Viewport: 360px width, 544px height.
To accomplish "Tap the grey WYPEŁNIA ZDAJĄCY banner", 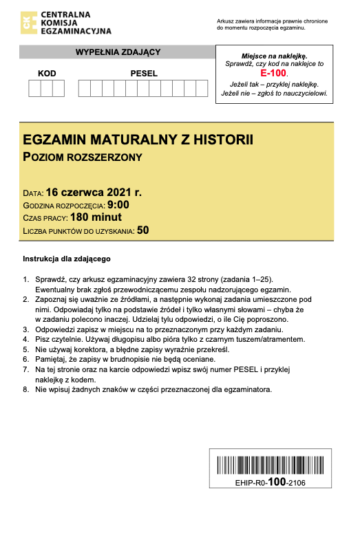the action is tap(118, 52).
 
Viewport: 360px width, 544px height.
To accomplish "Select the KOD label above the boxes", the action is tap(47, 73).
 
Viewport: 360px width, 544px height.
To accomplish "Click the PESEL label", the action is tap(144, 73).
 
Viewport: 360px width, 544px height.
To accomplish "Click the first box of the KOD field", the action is tap(34, 88).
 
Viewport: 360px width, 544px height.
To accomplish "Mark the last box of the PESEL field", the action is tap(202, 88).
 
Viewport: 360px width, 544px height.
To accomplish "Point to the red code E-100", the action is tap(273, 72).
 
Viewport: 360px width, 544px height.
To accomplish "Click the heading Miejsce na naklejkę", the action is tap(274, 55).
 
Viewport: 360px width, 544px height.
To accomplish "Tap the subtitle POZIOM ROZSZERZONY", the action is tap(83, 157).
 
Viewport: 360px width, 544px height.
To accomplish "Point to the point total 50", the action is tap(142, 230).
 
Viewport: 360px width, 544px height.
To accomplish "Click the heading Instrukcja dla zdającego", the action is tap(67, 259).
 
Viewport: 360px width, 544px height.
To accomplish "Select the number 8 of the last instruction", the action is tap(25, 390).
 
